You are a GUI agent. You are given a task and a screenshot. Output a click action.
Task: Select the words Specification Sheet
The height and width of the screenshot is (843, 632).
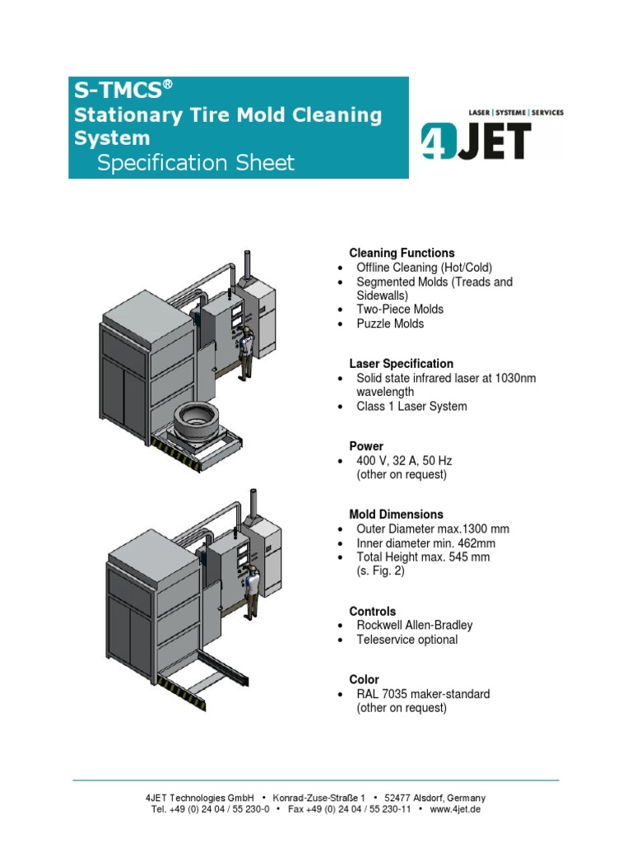tap(195, 163)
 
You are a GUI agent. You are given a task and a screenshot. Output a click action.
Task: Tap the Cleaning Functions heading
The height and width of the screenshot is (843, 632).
tap(402, 253)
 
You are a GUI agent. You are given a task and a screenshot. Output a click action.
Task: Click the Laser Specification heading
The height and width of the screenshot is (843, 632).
tap(401, 363)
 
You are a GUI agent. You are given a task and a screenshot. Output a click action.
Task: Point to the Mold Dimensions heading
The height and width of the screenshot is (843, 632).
tap(396, 515)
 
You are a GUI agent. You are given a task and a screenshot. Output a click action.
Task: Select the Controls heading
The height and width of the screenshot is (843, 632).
tap(372, 612)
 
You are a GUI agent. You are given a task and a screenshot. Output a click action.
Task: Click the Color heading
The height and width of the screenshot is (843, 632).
tap(364, 679)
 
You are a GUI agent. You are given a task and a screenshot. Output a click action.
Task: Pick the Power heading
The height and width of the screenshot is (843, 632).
tap(366, 446)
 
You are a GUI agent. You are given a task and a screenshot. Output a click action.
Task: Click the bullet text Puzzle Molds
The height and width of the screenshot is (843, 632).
tap(390, 324)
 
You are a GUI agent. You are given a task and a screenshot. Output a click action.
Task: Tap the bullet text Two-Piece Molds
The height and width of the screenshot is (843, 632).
tap(400, 309)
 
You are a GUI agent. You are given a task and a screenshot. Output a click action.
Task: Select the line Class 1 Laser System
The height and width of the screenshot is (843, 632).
tap(411, 406)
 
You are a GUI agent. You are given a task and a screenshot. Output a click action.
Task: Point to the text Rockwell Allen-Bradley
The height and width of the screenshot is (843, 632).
tap(415, 625)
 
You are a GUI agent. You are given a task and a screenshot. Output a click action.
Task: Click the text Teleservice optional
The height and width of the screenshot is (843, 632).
tap(407, 640)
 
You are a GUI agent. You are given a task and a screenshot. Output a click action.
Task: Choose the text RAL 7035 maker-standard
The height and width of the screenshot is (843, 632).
tap(423, 694)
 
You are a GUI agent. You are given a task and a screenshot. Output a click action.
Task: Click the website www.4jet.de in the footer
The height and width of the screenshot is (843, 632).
tap(455, 809)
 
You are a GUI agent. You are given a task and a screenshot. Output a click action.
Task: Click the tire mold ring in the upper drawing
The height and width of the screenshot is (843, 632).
tap(203, 422)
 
